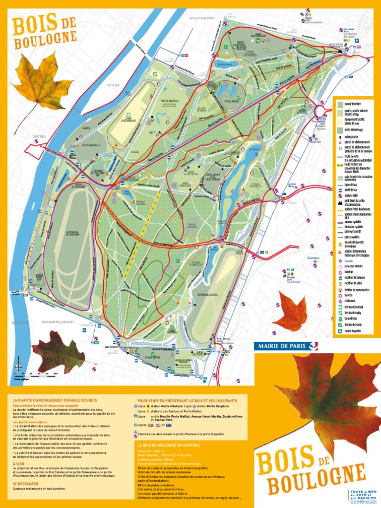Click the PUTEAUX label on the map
(114, 85)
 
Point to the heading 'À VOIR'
(18, 464)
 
